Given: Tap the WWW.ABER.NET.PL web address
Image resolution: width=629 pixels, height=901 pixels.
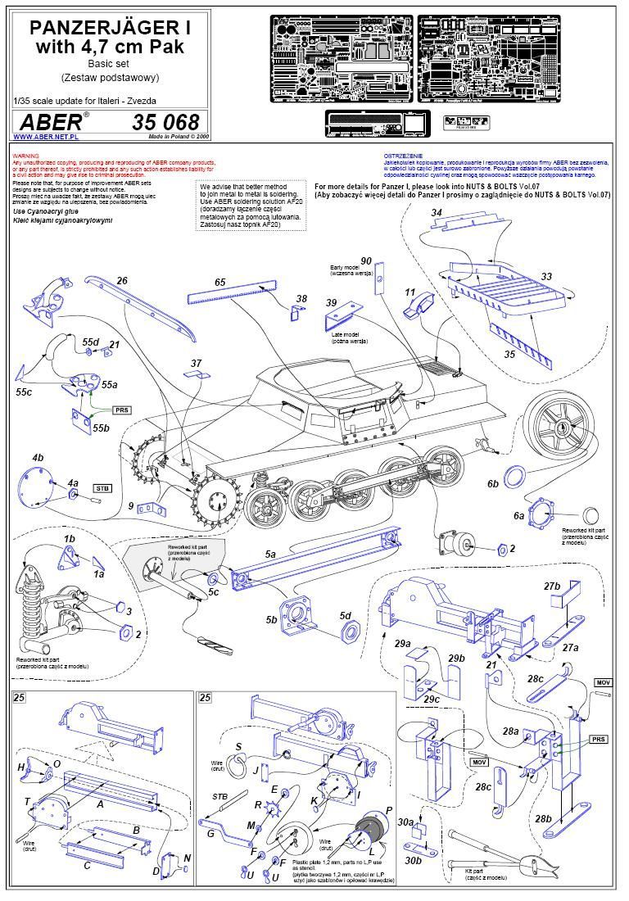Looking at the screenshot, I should click(x=39, y=138).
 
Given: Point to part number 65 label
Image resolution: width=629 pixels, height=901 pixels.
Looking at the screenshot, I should click(x=219, y=282).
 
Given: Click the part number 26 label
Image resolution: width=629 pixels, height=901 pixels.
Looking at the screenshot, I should click(x=121, y=282).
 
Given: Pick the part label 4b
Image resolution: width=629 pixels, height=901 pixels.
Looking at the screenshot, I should click(x=38, y=456).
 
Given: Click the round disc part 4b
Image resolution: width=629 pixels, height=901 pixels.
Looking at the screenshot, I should click(x=34, y=485).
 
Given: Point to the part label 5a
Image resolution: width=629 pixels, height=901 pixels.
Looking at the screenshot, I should click(x=270, y=555).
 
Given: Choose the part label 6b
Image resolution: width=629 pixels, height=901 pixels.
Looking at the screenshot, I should click(x=492, y=484).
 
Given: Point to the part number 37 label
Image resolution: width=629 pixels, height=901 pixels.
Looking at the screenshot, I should click(x=195, y=363).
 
